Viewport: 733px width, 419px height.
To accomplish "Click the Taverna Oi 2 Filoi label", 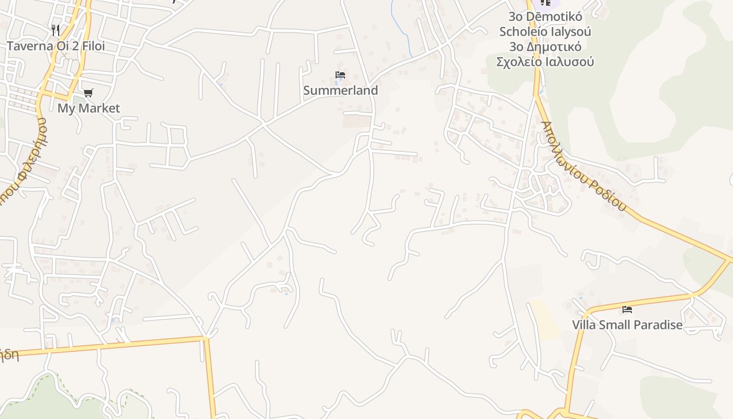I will click(55, 46).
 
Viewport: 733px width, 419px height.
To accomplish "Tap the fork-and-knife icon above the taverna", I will click(55, 30).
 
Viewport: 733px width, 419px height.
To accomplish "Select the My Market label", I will click(88, 108).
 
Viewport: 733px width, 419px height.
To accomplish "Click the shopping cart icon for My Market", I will click(88, 93).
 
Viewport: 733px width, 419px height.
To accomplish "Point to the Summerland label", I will click(340, 91).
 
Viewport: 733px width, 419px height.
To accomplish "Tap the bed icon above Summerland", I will click(340, 75).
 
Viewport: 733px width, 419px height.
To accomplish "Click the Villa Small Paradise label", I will click(627, 325).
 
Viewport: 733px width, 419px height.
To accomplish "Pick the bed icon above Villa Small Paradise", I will click(627, 310).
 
